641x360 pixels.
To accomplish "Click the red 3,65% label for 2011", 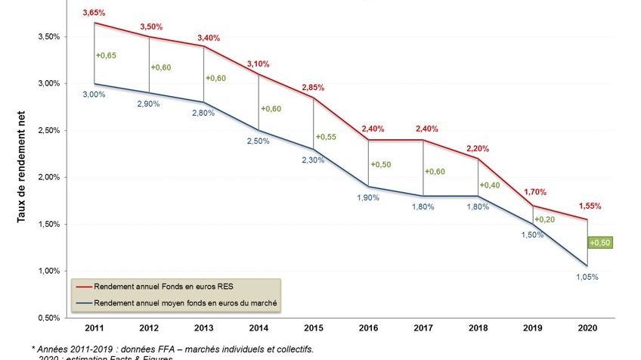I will [94, 13].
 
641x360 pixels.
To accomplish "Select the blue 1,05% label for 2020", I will [587, 277].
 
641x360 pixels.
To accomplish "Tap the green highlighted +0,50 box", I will [600, 242].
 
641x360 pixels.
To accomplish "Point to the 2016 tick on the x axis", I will [368, 328].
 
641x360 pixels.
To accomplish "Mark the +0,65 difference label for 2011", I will [107, 55].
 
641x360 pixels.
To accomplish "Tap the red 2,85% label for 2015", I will [313, 88].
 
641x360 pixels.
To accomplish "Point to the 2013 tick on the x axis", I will [203, 328].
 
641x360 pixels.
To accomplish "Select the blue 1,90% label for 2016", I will [367, 198].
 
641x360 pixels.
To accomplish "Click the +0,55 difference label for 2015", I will [326, 137].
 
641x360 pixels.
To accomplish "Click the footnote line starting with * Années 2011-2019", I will [172, 349].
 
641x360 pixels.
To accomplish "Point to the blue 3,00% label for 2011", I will [94, 95].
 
